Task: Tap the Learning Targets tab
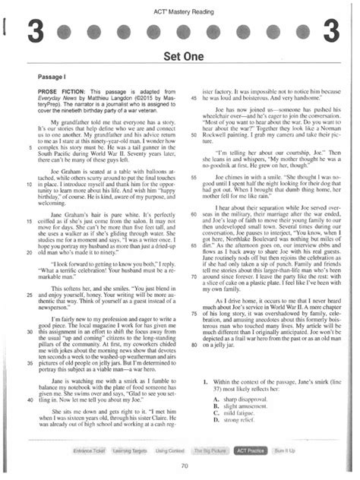click(x=128, y=450)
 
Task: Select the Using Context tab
click(x=169, y=450)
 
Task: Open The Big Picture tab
click(x=210, y=450)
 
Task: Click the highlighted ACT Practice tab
click(x=250, y=450)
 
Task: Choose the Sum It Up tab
click(x=286, y=450)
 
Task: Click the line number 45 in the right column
click(x=194, y=97)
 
